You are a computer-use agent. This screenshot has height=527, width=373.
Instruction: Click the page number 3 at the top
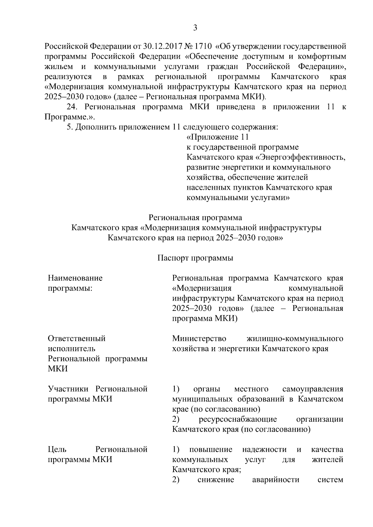point(195,28)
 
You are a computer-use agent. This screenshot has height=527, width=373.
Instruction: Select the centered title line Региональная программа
point(195,217)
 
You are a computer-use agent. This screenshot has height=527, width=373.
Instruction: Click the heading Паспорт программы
point(195,258)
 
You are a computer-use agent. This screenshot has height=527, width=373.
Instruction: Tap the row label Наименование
point(75,278)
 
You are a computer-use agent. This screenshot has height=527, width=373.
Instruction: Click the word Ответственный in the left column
point(77,338)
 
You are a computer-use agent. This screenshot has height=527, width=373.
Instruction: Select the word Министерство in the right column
point(199,338)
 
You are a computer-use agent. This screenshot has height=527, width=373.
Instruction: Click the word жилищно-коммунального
point(295,338)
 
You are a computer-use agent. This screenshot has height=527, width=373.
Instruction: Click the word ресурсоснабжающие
point(238,419)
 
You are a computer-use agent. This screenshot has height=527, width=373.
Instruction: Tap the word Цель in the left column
point(57,449)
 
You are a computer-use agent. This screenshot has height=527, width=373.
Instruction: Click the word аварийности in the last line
point(276,480)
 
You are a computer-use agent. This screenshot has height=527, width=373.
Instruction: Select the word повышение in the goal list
point(211,449)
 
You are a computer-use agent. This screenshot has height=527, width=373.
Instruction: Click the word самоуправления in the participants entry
point(313,389)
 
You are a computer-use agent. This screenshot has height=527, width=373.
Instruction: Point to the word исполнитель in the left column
point(71,348)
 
